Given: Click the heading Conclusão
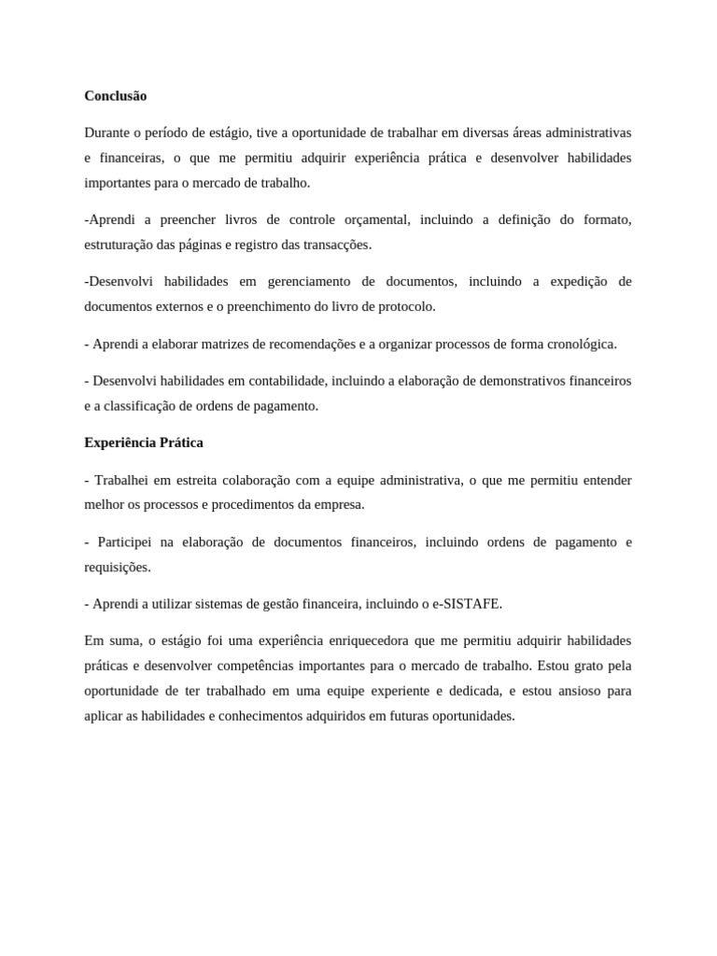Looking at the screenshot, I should [x=116, y=96].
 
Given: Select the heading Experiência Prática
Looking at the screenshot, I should [x=144, y=443].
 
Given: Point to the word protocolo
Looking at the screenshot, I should [x=403, y=306].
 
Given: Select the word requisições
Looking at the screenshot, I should [x=117, y=567].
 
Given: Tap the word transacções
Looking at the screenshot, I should [x=338, y=245].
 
